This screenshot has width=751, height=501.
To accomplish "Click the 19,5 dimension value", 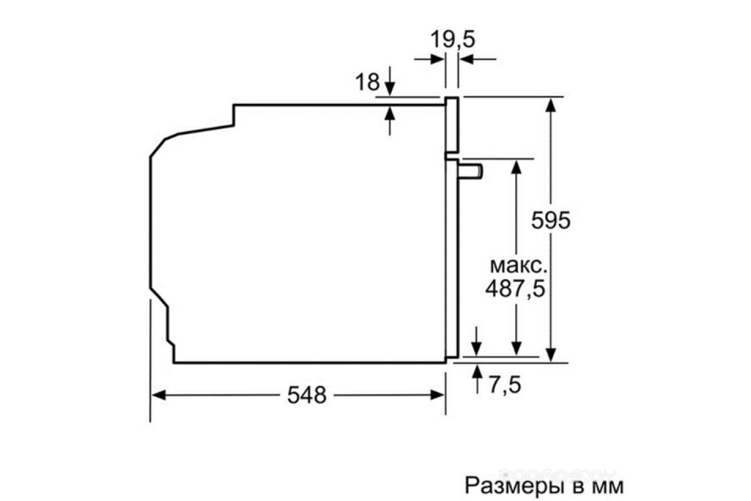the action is click(452, 39).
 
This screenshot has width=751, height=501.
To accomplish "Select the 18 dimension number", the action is click(367, 81).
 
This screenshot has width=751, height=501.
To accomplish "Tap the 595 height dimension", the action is click(551, 220).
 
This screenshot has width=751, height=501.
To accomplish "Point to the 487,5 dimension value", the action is click(515, 288).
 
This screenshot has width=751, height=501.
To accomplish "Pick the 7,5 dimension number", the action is click(505, 385).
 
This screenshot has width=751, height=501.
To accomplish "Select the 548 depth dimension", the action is click(307, 395).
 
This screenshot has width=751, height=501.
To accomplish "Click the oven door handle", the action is click(471, 172).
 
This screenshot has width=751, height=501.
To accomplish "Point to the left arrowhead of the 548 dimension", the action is click(158, 395).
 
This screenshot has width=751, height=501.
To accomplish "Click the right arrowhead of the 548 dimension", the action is click(437, 395).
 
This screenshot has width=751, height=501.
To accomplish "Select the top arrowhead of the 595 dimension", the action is click(551, 105).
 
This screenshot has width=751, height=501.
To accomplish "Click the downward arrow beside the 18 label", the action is click(389, 81).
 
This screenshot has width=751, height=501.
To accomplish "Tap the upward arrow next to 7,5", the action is click(477, 379).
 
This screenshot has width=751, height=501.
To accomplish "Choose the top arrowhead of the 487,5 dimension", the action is click(516, 167).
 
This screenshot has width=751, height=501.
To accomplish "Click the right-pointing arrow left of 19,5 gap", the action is click(429, 59).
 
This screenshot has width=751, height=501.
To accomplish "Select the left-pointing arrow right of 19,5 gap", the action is click(478, 59).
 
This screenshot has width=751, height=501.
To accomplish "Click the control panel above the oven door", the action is click(452, 125).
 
